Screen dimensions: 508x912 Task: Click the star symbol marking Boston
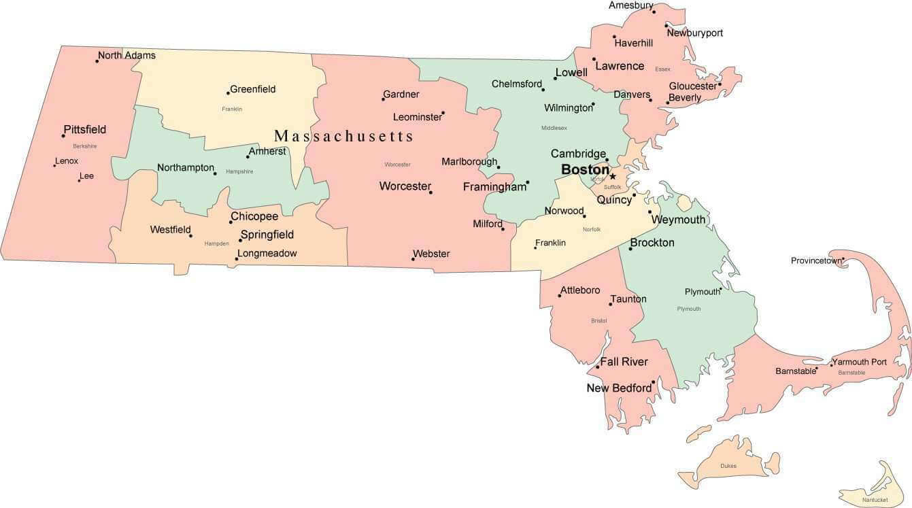tap(613, 176)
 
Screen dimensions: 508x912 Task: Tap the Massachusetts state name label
tap(343, 136)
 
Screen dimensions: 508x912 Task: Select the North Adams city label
tap(126, 55)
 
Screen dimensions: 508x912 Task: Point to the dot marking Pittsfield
tap(63, 136)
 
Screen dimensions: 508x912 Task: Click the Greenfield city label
tap(252, 89)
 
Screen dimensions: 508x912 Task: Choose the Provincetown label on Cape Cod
tap(815, 260)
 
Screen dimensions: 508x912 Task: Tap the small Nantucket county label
tap(875, 500)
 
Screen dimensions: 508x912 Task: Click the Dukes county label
tap(728, 466)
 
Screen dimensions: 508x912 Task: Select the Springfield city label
tap(267, 235)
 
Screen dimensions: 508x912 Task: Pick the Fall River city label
tap(624, 362)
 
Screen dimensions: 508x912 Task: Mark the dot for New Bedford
tap(653, 382)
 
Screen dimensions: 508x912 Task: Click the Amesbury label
tap(630, 5)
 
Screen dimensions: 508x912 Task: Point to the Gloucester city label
tap(692, 86)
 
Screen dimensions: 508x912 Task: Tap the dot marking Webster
tap(413, 259)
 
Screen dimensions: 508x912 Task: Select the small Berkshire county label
tap(85, 146)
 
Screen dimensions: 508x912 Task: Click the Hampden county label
tap(216, 243)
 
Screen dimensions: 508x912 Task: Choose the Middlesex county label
tap(554, 128)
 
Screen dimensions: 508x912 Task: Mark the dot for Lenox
tap(55, 165)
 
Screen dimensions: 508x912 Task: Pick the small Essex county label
tap(662, 69)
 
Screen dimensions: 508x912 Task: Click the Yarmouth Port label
tap(859, 362)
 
